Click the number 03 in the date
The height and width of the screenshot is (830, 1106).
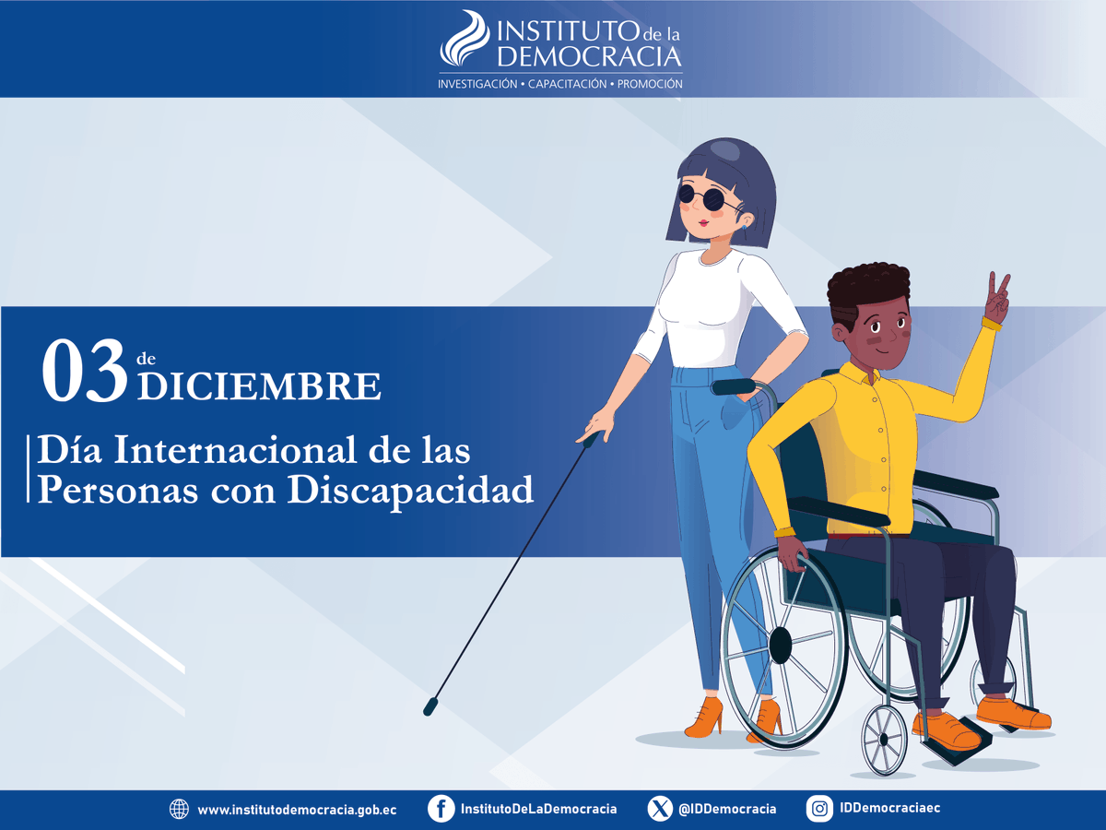pos(84,371)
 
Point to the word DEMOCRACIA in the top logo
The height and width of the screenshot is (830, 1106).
pos(590,57)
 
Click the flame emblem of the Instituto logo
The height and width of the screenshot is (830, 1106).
pos(465,41)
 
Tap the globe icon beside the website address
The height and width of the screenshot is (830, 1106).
pos(179,809)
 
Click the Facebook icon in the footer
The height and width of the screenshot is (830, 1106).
pos(441,809)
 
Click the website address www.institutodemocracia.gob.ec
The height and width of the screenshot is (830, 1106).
pos(297,810)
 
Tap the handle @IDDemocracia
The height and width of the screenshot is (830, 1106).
pos(727,809)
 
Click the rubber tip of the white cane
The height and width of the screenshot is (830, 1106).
pos(429,708)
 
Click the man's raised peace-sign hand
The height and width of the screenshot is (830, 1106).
pos(996,297)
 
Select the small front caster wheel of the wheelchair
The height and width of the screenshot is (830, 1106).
pos(885,739)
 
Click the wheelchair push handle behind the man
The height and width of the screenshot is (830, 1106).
pos(735,386)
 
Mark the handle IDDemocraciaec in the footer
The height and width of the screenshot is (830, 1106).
pos(890,808)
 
